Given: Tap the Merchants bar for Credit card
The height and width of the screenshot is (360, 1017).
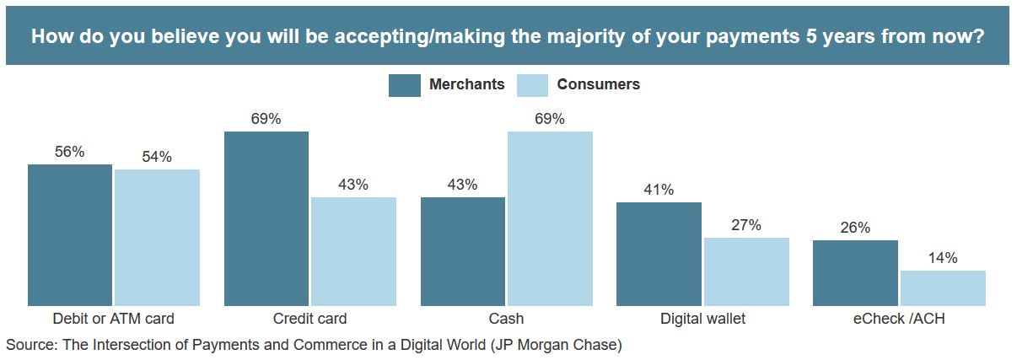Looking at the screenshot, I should [x=266, y=218].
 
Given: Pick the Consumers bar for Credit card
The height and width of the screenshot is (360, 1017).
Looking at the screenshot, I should [x=353, y=251].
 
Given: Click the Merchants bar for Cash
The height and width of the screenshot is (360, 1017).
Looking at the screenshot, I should [x=463, y=251].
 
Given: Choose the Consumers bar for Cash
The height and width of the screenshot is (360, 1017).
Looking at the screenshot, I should [x=550, y=218].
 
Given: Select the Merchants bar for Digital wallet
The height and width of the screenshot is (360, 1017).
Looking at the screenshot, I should [x=659, y=254].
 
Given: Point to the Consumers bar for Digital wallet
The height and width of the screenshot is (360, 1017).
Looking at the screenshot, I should [x=746, y=271].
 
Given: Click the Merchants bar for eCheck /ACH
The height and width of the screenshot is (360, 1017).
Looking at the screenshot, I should [x=855, y=272].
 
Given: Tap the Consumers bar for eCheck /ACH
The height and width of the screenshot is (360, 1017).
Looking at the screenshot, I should [x=943, y=287].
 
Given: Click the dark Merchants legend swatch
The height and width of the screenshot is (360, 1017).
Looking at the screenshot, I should [x=404, y=85].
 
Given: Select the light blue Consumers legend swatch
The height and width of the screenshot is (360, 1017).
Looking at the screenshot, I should [x=532, y=85].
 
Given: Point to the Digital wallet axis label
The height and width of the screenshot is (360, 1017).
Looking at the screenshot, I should [x=702, y=320].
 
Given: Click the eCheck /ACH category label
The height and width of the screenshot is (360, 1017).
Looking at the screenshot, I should [x=899, y=320].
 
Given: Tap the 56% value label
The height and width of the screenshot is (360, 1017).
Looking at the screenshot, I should [x=70, y=152].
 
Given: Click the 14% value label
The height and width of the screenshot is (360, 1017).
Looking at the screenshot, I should [x=943, y=258].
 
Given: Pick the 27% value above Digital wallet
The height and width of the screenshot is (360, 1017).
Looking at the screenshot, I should [x=746, y=225].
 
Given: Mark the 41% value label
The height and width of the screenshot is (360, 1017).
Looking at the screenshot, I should [x=659, y=190].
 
